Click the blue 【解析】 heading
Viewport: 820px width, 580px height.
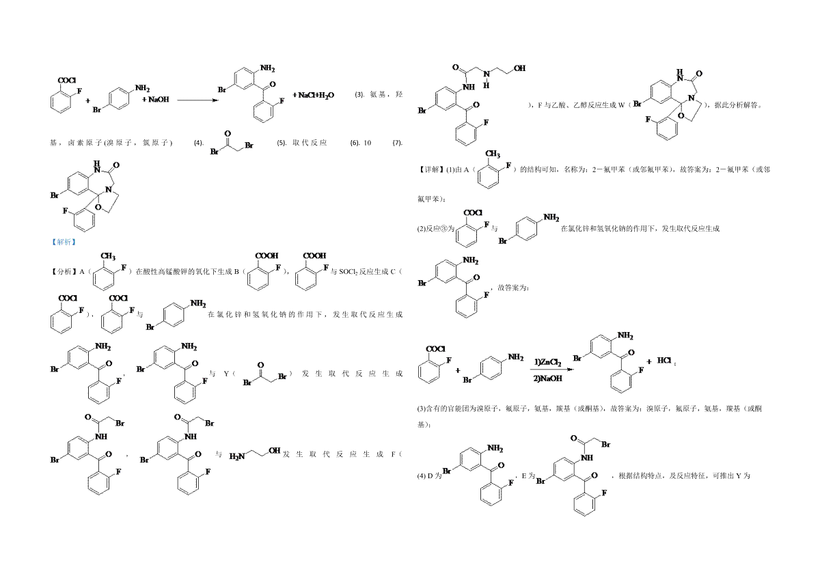[x=64, y=242]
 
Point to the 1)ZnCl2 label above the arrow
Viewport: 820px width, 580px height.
[x=548, y=360]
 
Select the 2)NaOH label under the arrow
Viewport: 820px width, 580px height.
[x=547, y=378]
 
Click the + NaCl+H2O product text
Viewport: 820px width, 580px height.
[x=314, y=95]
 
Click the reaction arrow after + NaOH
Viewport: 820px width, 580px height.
[x=197, y=100]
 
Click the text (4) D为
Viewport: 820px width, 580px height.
[x=429, y=475]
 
